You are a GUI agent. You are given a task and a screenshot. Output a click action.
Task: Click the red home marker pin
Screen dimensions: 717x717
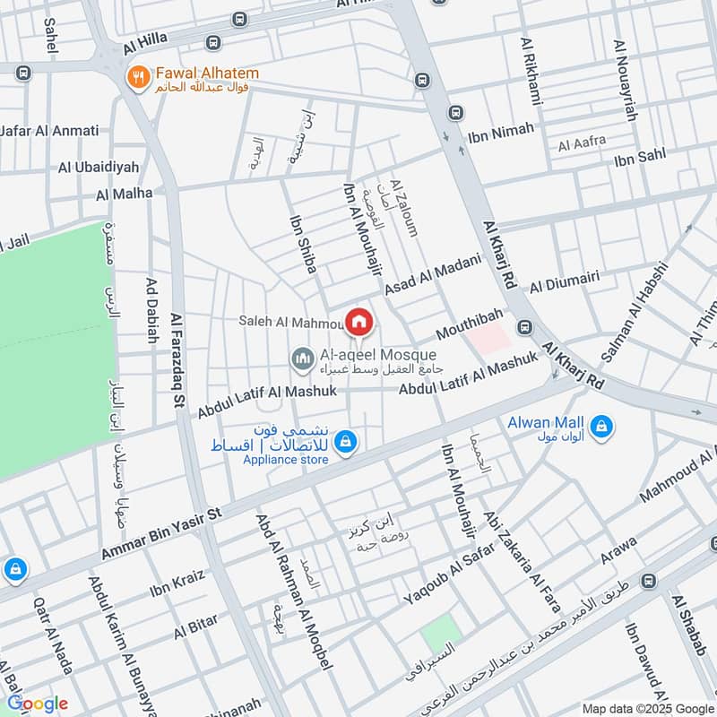358,321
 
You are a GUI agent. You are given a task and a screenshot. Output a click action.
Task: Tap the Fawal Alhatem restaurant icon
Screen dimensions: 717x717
137,78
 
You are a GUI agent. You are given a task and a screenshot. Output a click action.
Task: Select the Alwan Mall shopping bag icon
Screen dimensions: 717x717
602,424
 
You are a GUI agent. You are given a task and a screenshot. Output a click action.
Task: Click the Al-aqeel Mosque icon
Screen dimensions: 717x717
302,360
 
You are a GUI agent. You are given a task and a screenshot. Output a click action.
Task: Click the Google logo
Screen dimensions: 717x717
37,704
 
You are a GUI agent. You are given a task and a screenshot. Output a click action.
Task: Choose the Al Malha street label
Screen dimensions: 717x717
125,193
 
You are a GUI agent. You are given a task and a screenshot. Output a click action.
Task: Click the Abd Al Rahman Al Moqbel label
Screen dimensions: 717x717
295,592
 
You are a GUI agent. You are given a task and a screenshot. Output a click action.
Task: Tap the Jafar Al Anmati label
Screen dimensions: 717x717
49,131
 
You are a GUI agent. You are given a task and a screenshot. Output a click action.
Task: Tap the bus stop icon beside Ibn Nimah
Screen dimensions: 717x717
456,113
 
